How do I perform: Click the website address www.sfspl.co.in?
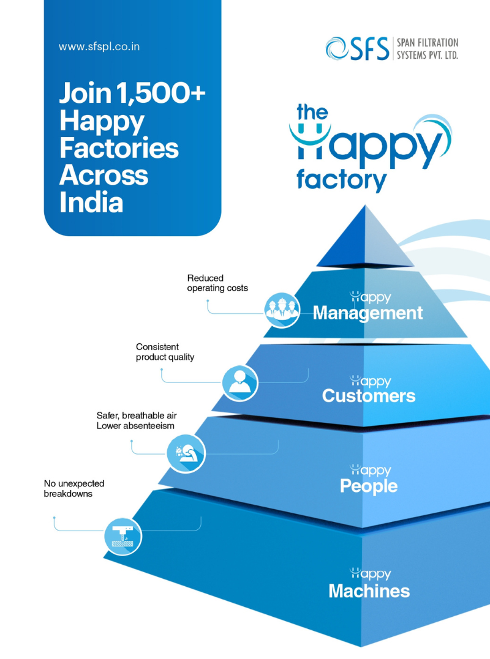click(x=99, y=47)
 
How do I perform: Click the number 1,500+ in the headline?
click(x=161, y=94)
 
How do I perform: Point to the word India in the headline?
click(x=91, y=201)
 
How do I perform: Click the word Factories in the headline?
click(x=119, y=147)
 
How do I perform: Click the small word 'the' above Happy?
click(x=312, y=113)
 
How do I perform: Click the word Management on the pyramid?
click(x=367, y=313)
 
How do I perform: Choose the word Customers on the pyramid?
click(x=369, y=396)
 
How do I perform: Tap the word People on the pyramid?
click(x=369, y=486)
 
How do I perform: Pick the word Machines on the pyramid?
click(x=369, y=591)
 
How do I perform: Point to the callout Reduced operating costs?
click(x=217, y=283)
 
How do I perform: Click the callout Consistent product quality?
click(x=165, y=352)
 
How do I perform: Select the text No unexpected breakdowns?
click(x=73, y=488)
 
